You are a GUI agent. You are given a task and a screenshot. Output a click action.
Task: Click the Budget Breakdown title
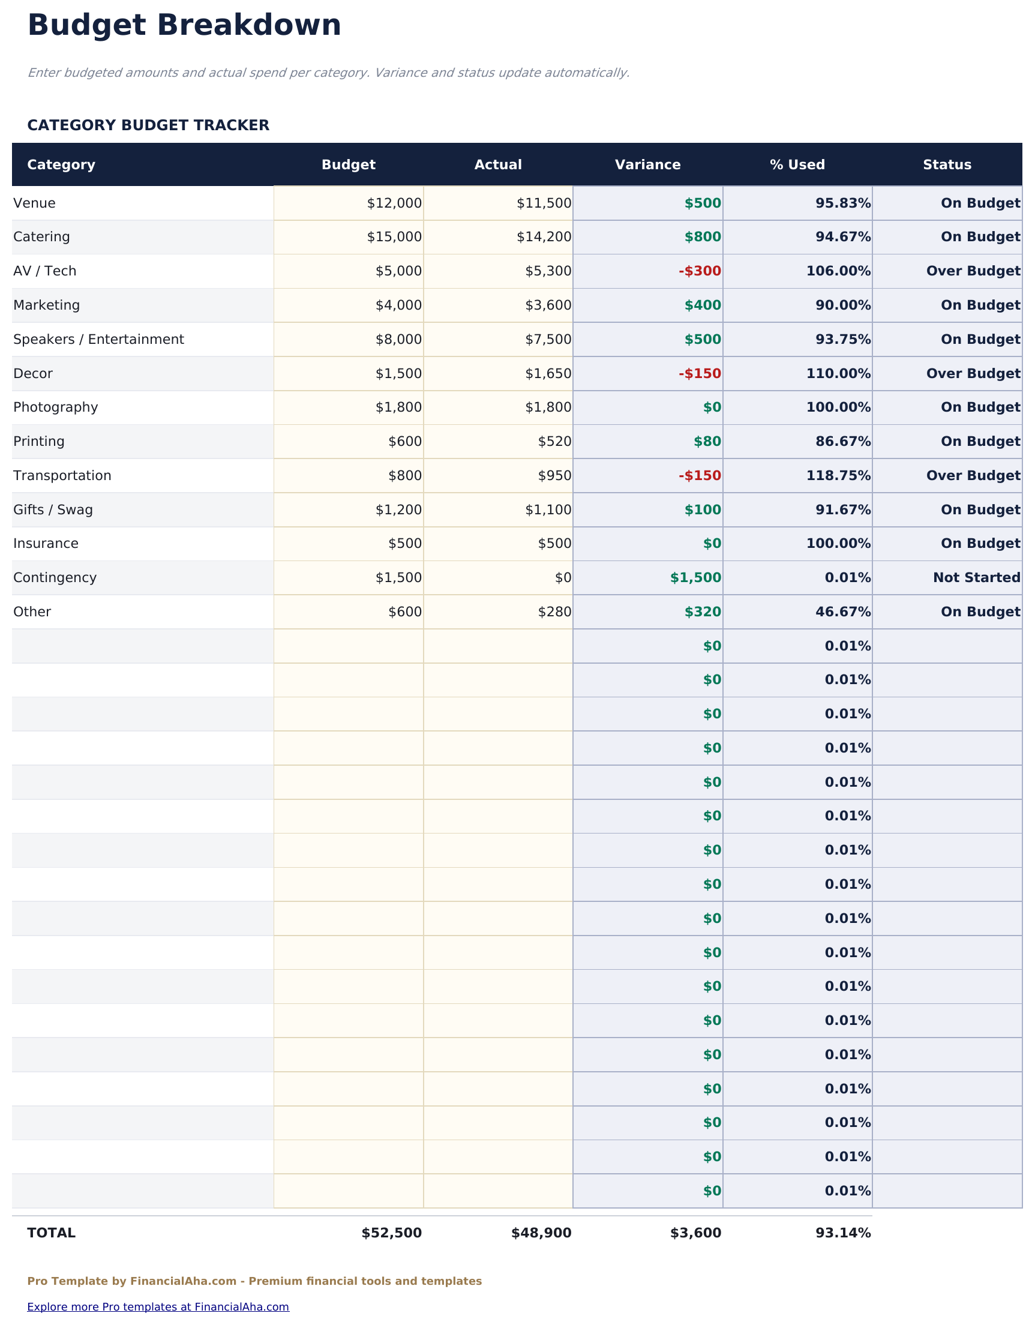click(x=184, y=26)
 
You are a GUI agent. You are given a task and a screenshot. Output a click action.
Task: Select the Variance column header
click(x=647, y=165)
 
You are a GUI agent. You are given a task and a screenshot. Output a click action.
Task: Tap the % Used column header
click(x=797, y=165)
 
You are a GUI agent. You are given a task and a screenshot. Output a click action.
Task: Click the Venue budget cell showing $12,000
click(x=394, y=203)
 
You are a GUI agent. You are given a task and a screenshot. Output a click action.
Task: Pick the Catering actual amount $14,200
click(x=544, y=237)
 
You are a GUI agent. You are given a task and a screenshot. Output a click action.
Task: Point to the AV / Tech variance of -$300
click(x=700, y=271)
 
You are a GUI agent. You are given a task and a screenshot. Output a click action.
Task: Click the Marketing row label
click(x=47, y=305)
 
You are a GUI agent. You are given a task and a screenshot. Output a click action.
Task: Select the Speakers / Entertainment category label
click(x=98, y=339)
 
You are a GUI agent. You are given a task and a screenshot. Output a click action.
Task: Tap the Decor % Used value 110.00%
click(x=838, y=374)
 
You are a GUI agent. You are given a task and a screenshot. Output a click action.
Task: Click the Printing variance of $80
click(x=707, y=442)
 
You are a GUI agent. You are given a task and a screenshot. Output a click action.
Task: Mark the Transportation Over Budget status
click(x=973, y=476)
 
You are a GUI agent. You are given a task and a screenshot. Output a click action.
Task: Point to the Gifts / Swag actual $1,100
click(x=548, y=509)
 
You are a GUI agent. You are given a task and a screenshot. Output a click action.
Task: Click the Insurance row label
click(x=46, y=544)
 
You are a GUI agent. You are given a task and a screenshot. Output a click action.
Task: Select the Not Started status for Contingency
click(x=976, y=577)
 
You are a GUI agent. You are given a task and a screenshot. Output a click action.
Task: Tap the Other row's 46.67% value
click(x=842, y=612)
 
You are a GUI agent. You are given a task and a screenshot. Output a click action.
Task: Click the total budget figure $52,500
click(x=391, y=1233)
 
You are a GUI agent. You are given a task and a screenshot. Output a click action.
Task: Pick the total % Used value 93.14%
click(x=842, y=1233)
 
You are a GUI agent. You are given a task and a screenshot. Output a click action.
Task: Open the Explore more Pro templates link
click(x=158, y=1307)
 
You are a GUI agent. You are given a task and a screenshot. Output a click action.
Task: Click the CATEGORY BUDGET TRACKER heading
click(x=148, y=125)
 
